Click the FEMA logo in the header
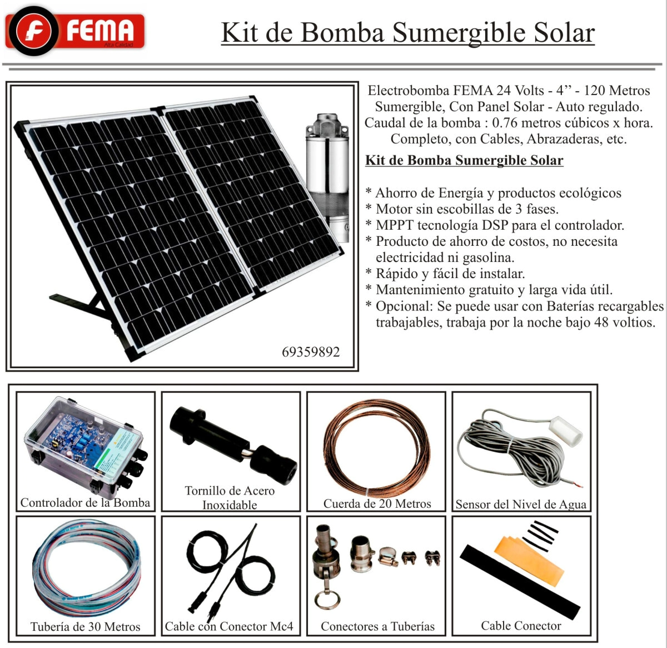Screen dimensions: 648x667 pyautogui.click(x=75, y=31)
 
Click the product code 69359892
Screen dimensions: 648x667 pyautogui.click(x=311, y=352)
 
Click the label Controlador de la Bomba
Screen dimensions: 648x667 pyautogui.click(x=85, y=503)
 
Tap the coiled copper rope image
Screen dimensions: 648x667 pyautogui.click(x=377, y=448)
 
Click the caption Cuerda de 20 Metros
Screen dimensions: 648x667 pyautogui.click(x=377, y=504)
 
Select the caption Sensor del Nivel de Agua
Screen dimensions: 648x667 pyautogui.click(x=521, y=504)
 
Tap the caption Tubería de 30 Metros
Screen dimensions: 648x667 pyautogui.click(x=85, y=627)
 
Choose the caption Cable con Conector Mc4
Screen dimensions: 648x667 pyautogui.click(x=229, y=626)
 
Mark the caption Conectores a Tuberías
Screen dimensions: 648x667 pyautogui.click(x=377, y=626)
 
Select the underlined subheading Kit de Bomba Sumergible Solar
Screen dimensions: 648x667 pyautogui.click(x=464, y=161)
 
